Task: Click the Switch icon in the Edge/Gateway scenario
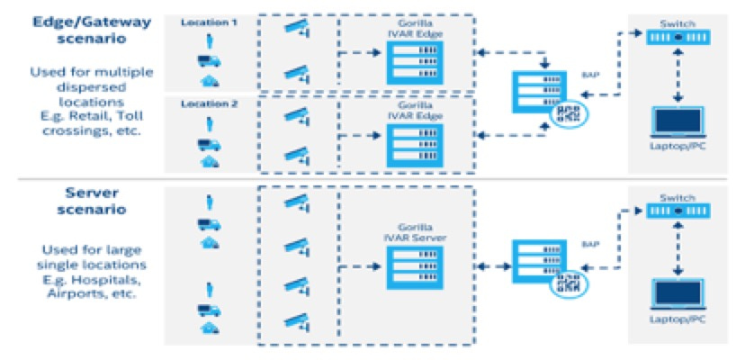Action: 676,37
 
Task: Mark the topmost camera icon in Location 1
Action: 296,28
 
